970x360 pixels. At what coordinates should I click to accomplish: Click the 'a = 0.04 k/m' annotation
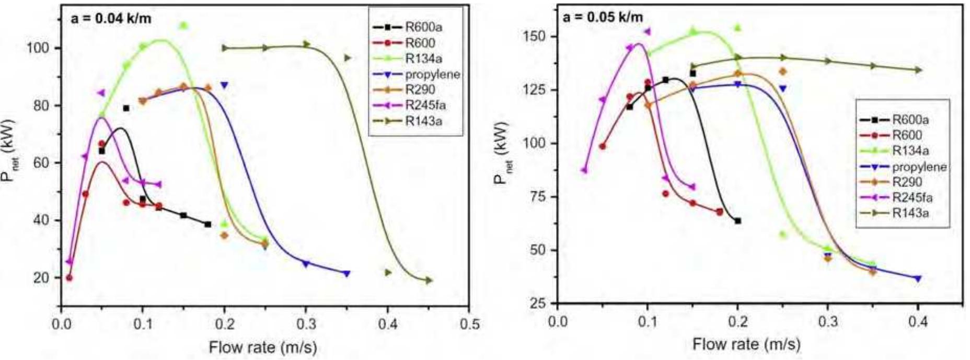(111, 19)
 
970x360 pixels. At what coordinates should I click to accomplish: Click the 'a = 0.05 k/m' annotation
(603, 17)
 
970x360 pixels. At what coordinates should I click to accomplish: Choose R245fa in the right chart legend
(912, 198)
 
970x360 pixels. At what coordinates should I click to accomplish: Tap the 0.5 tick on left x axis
(469, 324)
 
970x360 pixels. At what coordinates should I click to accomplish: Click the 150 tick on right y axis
(534, 37)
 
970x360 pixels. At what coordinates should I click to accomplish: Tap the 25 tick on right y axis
(537, 303)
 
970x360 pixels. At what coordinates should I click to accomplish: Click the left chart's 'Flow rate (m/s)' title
(263, 347)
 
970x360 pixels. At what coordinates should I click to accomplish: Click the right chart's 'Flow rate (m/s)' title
(746, 344)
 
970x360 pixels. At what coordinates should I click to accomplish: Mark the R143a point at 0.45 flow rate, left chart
(429, 281)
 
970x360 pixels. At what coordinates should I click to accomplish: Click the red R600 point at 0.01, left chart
(69, 278)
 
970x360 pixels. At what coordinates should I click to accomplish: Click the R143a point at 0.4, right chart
(918, 69)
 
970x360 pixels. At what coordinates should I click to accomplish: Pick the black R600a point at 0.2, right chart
(737, 221)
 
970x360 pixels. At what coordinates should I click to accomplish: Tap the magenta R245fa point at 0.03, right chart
(584, 170)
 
